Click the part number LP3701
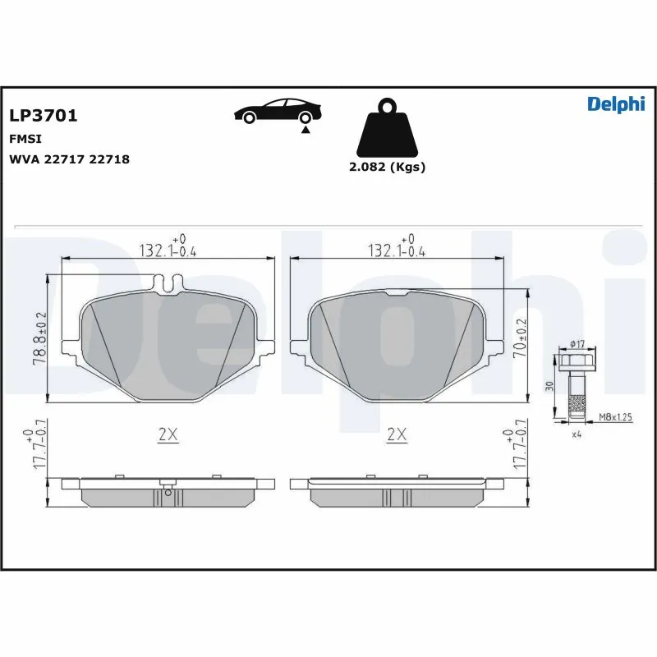coord(43,116)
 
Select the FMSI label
coord(25,139)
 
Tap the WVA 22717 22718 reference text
coord(69,159)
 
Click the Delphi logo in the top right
coord(616,103)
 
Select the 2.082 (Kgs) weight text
coord(387,167)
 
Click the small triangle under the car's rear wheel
coord(305,129)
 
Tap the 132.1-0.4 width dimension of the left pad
coord(169,249)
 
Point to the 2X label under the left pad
coord(168,435)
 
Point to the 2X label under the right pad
coord(397,435)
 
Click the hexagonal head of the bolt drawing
coord(574,361)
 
